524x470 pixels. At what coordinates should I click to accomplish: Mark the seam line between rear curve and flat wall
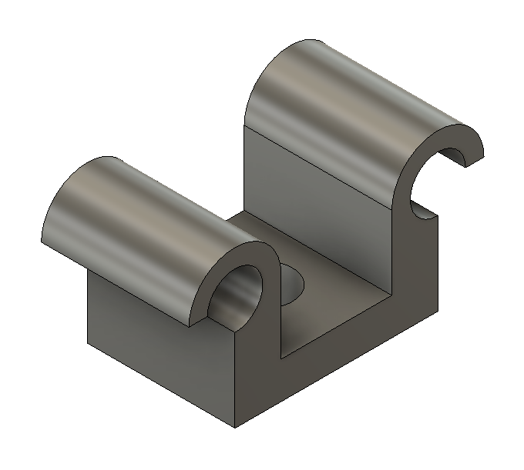[x=324, y=165]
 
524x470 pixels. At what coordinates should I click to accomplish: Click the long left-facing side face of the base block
[x=154, y=346]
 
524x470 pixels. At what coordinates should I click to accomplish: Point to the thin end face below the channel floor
[x=339, y=338]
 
